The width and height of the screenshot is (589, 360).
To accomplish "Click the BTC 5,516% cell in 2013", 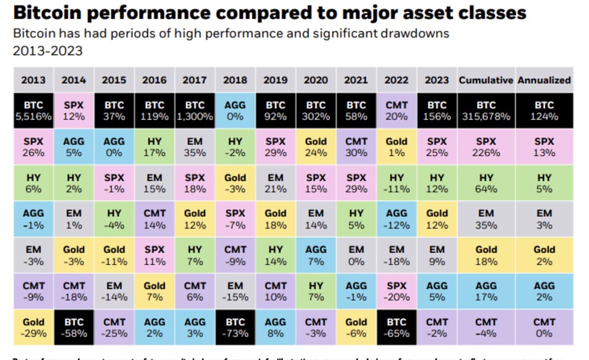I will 33,111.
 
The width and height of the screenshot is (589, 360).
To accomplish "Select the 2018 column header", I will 235,80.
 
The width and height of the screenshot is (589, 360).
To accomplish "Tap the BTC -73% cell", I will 235,328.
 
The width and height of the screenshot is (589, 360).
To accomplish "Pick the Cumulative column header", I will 486,80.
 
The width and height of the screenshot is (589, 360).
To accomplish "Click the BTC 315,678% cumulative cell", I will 486,111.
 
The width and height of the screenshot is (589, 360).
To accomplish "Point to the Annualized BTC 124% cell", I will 544,111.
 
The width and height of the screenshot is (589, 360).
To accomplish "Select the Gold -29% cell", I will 33,328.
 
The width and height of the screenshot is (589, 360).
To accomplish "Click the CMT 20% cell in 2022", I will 396,111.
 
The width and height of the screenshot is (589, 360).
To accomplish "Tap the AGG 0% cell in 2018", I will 235,111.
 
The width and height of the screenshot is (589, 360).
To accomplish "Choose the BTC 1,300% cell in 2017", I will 195,111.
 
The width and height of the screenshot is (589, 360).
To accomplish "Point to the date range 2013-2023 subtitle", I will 48,51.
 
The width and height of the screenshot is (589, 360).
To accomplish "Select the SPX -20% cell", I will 396,291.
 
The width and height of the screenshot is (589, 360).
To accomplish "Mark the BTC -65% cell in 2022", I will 396,328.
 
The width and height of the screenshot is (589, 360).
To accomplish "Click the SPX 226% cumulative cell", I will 486,147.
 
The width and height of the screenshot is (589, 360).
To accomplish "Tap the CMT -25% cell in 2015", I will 114,328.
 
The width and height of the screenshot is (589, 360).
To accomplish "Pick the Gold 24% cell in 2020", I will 316,147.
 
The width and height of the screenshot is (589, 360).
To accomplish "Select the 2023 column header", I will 436,80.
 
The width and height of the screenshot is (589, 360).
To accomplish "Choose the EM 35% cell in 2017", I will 195,147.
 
